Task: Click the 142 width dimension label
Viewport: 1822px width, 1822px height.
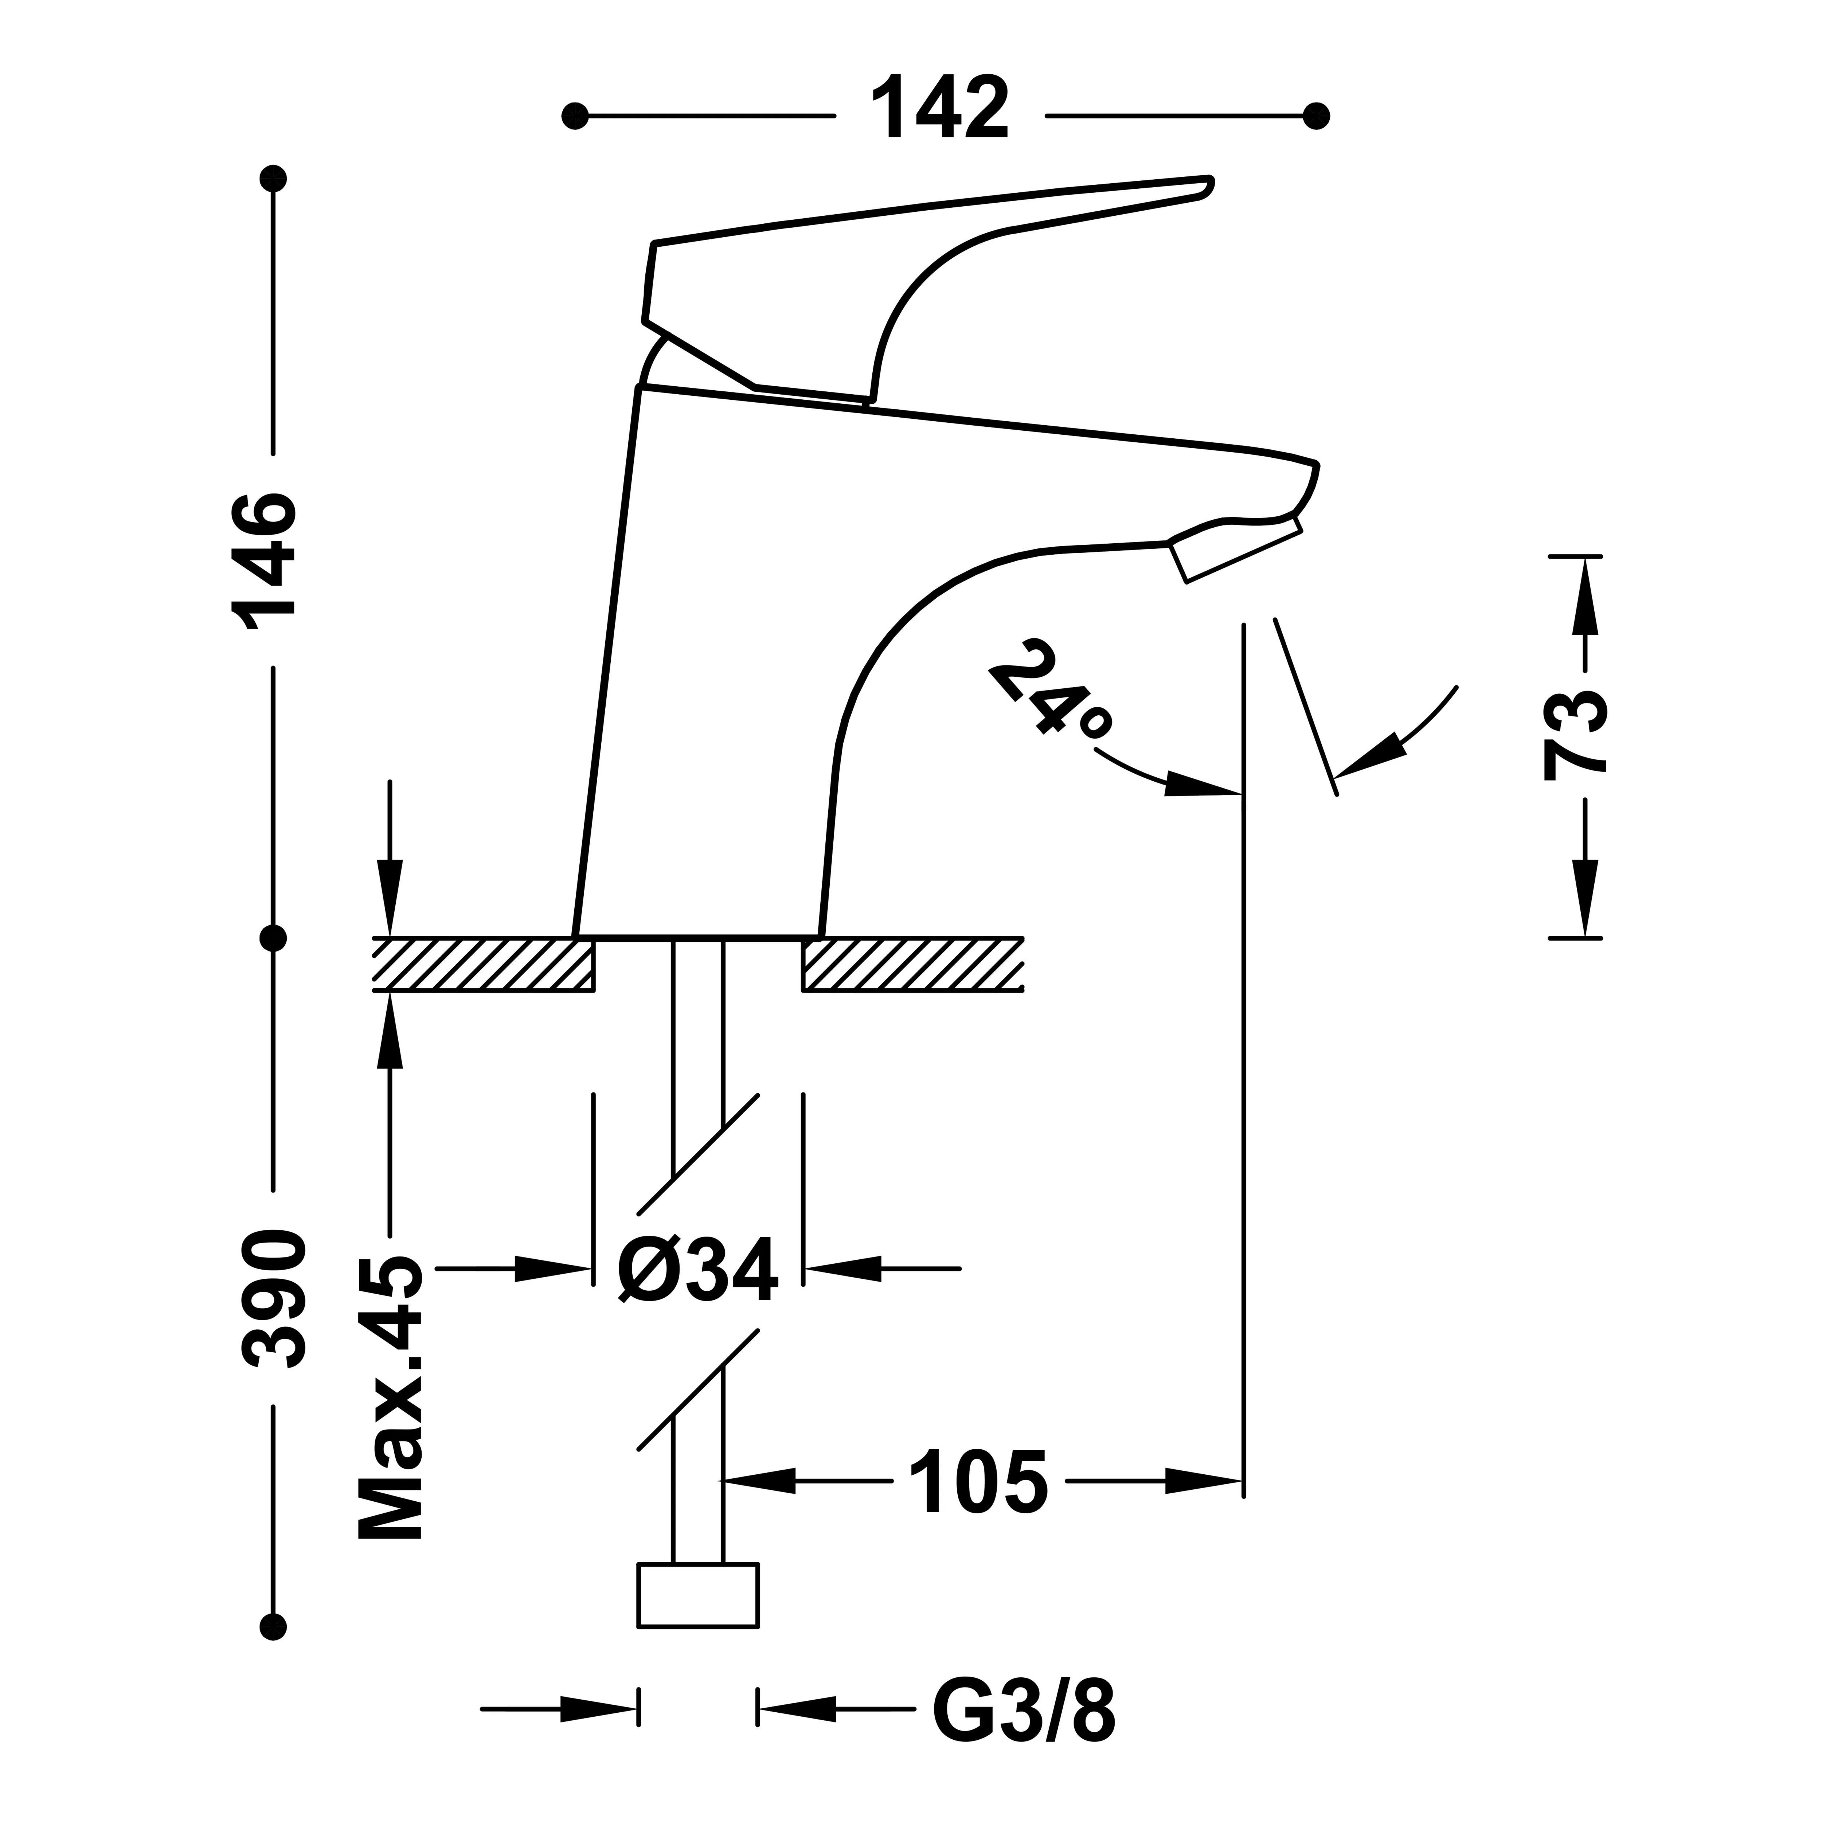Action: tap(940, 111)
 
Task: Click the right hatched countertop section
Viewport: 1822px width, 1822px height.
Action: tap(913, 964)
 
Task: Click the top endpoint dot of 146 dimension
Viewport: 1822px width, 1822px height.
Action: tap(274, 177)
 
